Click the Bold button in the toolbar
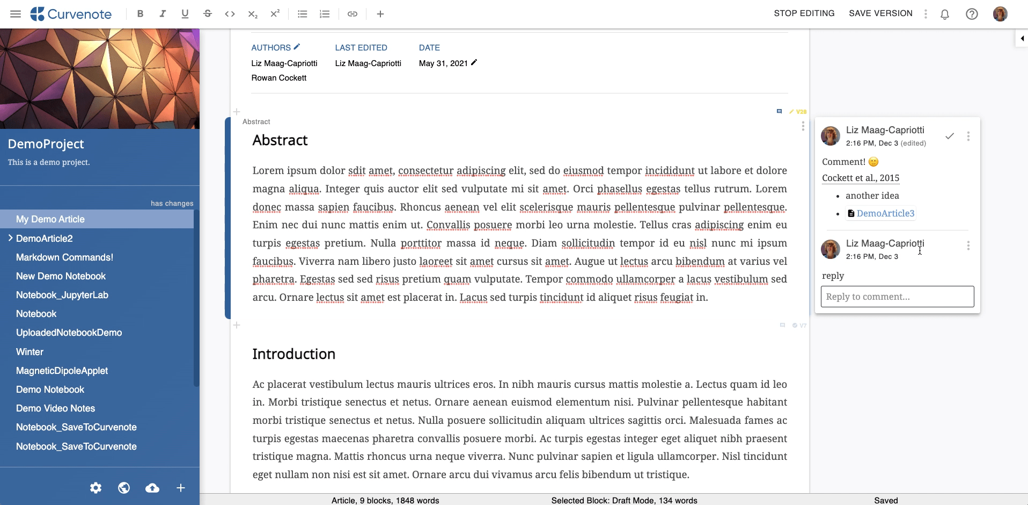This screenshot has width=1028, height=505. point(140,14)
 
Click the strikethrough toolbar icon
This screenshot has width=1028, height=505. point(208,14)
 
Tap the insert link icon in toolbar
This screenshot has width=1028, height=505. point(353,14)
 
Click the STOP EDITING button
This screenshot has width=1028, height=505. point(804,13)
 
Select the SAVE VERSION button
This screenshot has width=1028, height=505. point(880,13)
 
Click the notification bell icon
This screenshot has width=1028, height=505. point(945,15)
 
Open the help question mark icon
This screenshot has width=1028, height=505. point(972,15)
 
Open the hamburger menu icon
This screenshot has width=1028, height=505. point(16,14)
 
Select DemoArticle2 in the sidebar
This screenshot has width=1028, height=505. point(45,239)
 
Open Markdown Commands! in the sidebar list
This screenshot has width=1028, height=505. point(64,257)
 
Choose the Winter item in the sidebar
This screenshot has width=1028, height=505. point(30,352)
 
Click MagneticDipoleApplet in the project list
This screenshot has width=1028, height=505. point(62,371)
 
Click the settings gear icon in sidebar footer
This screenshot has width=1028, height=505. point(96,488)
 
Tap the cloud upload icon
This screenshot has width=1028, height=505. point(152,488)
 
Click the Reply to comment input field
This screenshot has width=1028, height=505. point(897,297)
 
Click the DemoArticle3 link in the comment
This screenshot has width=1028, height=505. point(885,213)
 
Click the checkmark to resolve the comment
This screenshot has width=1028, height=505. point(950,136)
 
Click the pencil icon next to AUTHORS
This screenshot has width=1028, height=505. point(297,47)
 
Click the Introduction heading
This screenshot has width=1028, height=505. point(293,354)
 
